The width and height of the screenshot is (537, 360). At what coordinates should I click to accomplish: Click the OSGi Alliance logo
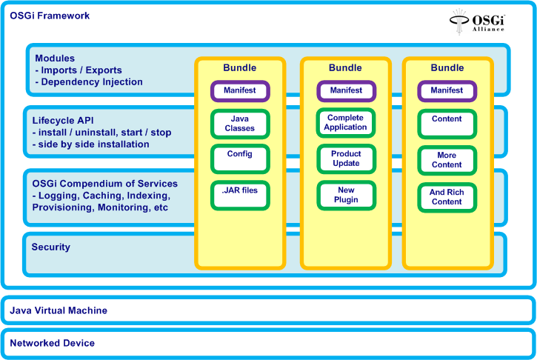[477, 21]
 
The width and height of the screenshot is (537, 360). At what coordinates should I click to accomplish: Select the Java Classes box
[239, 124]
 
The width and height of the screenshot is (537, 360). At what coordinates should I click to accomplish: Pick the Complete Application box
[345, 123]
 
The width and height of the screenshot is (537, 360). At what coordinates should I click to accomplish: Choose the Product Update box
[345, 159]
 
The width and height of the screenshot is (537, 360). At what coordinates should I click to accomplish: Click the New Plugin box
[345, 195]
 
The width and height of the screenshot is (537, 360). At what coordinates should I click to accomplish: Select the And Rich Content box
[447, 196]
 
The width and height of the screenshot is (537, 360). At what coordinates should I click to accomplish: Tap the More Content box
[447, 160]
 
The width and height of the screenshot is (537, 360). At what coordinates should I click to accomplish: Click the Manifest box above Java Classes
[239, 91]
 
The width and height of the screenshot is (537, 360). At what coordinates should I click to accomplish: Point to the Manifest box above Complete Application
[345, 91]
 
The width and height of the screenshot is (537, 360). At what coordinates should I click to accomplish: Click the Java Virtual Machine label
[59, 310]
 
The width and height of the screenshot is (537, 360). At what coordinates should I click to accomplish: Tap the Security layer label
[51, 247]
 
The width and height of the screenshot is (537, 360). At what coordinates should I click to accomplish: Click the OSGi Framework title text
[50, 14]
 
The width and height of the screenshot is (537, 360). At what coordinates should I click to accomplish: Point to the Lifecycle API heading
[63, 119]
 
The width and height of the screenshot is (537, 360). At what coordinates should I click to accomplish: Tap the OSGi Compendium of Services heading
[104, 184]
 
